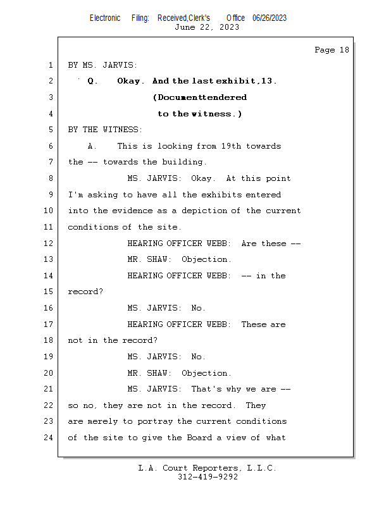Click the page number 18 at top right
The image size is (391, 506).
coord(344,50)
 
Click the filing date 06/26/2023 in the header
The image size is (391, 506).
coord(270,18)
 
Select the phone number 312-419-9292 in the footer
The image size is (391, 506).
coord(208,477)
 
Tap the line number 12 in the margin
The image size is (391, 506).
coord(49,243)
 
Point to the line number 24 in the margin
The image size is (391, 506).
coord(49,438)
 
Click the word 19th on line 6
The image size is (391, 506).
coord(231,146)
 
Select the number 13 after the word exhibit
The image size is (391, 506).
coord(267,81)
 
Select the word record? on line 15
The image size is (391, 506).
coord(85,292)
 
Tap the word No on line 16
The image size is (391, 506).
coord(196,308)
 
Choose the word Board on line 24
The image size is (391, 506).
coord(199,438)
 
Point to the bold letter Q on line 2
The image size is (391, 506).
coord(90,81)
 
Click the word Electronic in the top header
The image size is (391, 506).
coord(105,18)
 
